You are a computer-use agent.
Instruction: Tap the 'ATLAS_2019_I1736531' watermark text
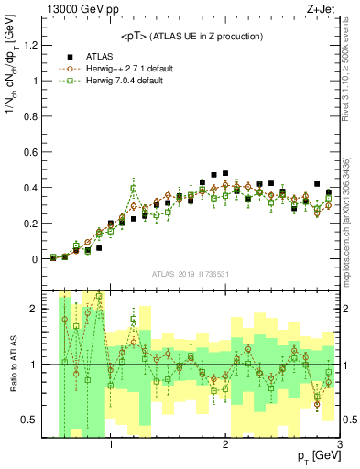(191, 274)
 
